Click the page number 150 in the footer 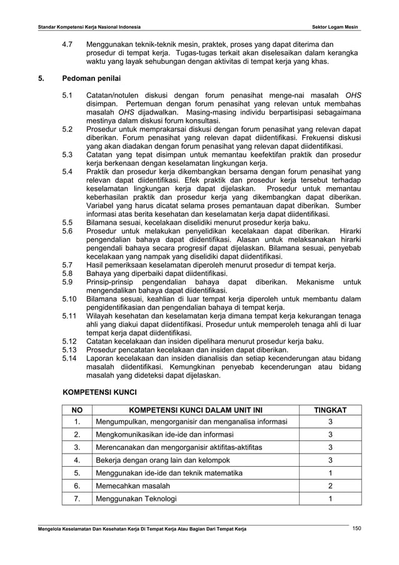click(x=356, y=529)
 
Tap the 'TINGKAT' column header click(x=330, y=410)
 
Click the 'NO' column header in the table click(x=77, y=410)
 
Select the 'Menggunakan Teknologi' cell click(x=136, y=499)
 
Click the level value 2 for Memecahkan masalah click(x=330, y=486)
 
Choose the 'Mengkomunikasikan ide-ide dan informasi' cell click(x=168, y=435)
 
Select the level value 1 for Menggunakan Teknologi click(x=330, y=499)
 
